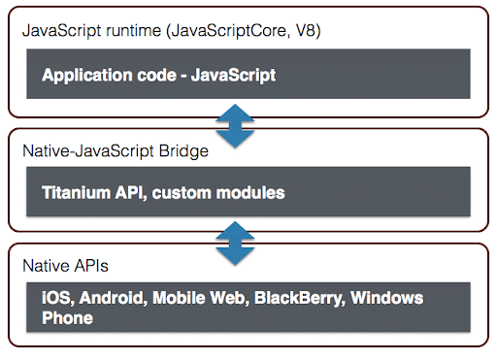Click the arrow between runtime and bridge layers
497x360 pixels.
[235, 124]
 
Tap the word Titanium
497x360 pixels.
[76, 192]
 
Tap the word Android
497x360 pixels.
[110, 299]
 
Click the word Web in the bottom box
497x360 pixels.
[224, 299]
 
